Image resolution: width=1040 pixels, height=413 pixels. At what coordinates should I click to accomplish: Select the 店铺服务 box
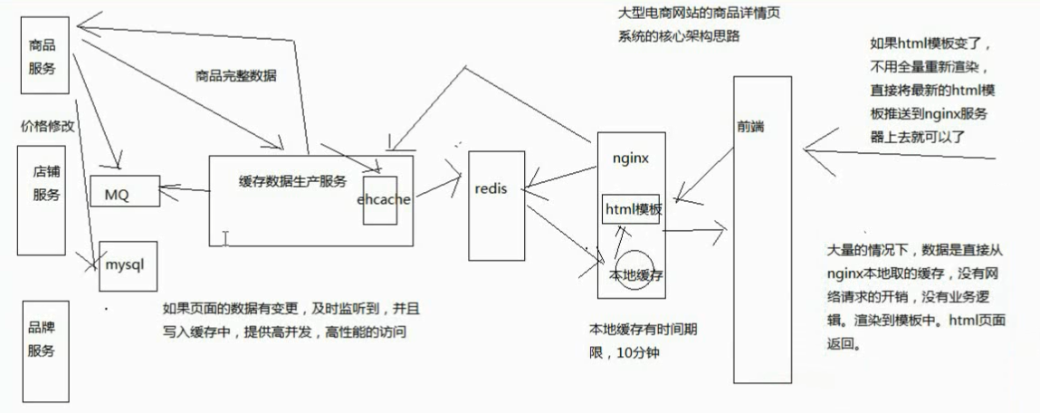tap(46, 180)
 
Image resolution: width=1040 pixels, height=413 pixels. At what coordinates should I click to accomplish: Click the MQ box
tap(124, 192)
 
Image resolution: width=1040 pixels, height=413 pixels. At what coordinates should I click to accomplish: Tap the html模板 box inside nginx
tap(633, 209)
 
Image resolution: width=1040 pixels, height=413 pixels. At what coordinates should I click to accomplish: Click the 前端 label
tap(750, 127)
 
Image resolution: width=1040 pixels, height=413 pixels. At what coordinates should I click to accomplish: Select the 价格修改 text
tap(46, 126)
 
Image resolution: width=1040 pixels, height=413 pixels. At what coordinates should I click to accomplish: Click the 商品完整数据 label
tap(235, 76)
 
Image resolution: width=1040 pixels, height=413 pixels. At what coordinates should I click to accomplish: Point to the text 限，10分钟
tap(625, 351)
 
